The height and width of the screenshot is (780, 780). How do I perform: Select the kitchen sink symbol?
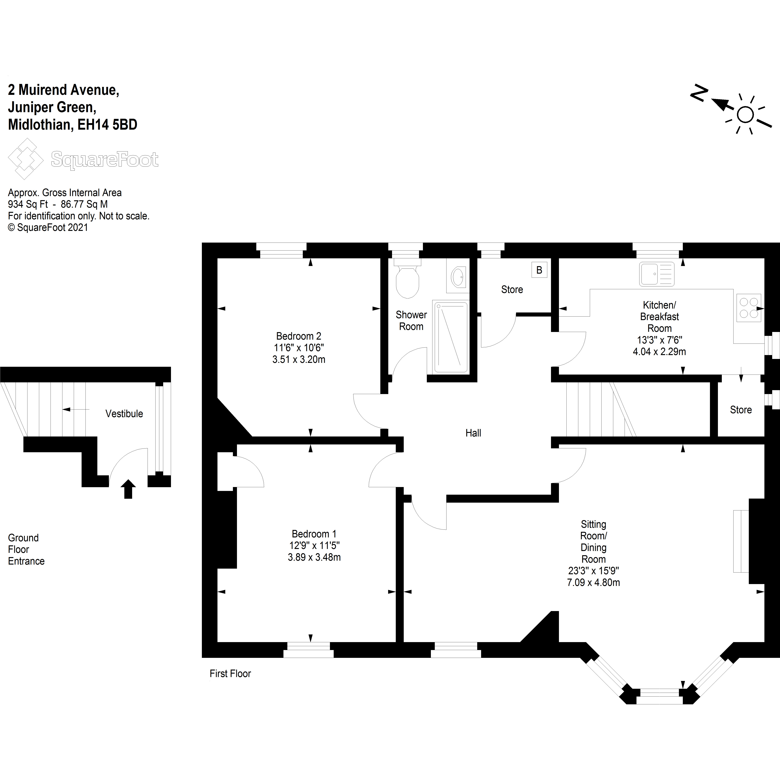point(656,274)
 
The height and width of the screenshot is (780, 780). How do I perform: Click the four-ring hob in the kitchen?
point(748,308)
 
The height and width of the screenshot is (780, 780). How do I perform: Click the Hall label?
point(473,433)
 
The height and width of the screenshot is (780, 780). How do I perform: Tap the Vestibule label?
point(124,414)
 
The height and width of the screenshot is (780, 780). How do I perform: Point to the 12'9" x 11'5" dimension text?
point(314,545)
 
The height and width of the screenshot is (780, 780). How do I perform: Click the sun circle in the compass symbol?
point(745,115)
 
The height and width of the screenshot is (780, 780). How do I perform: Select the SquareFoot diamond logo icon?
point(25,159)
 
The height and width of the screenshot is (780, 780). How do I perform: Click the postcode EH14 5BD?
point(107,125)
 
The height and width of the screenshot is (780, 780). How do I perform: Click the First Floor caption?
point(230,673)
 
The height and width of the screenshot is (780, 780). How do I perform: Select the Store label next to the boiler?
point(512,290)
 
